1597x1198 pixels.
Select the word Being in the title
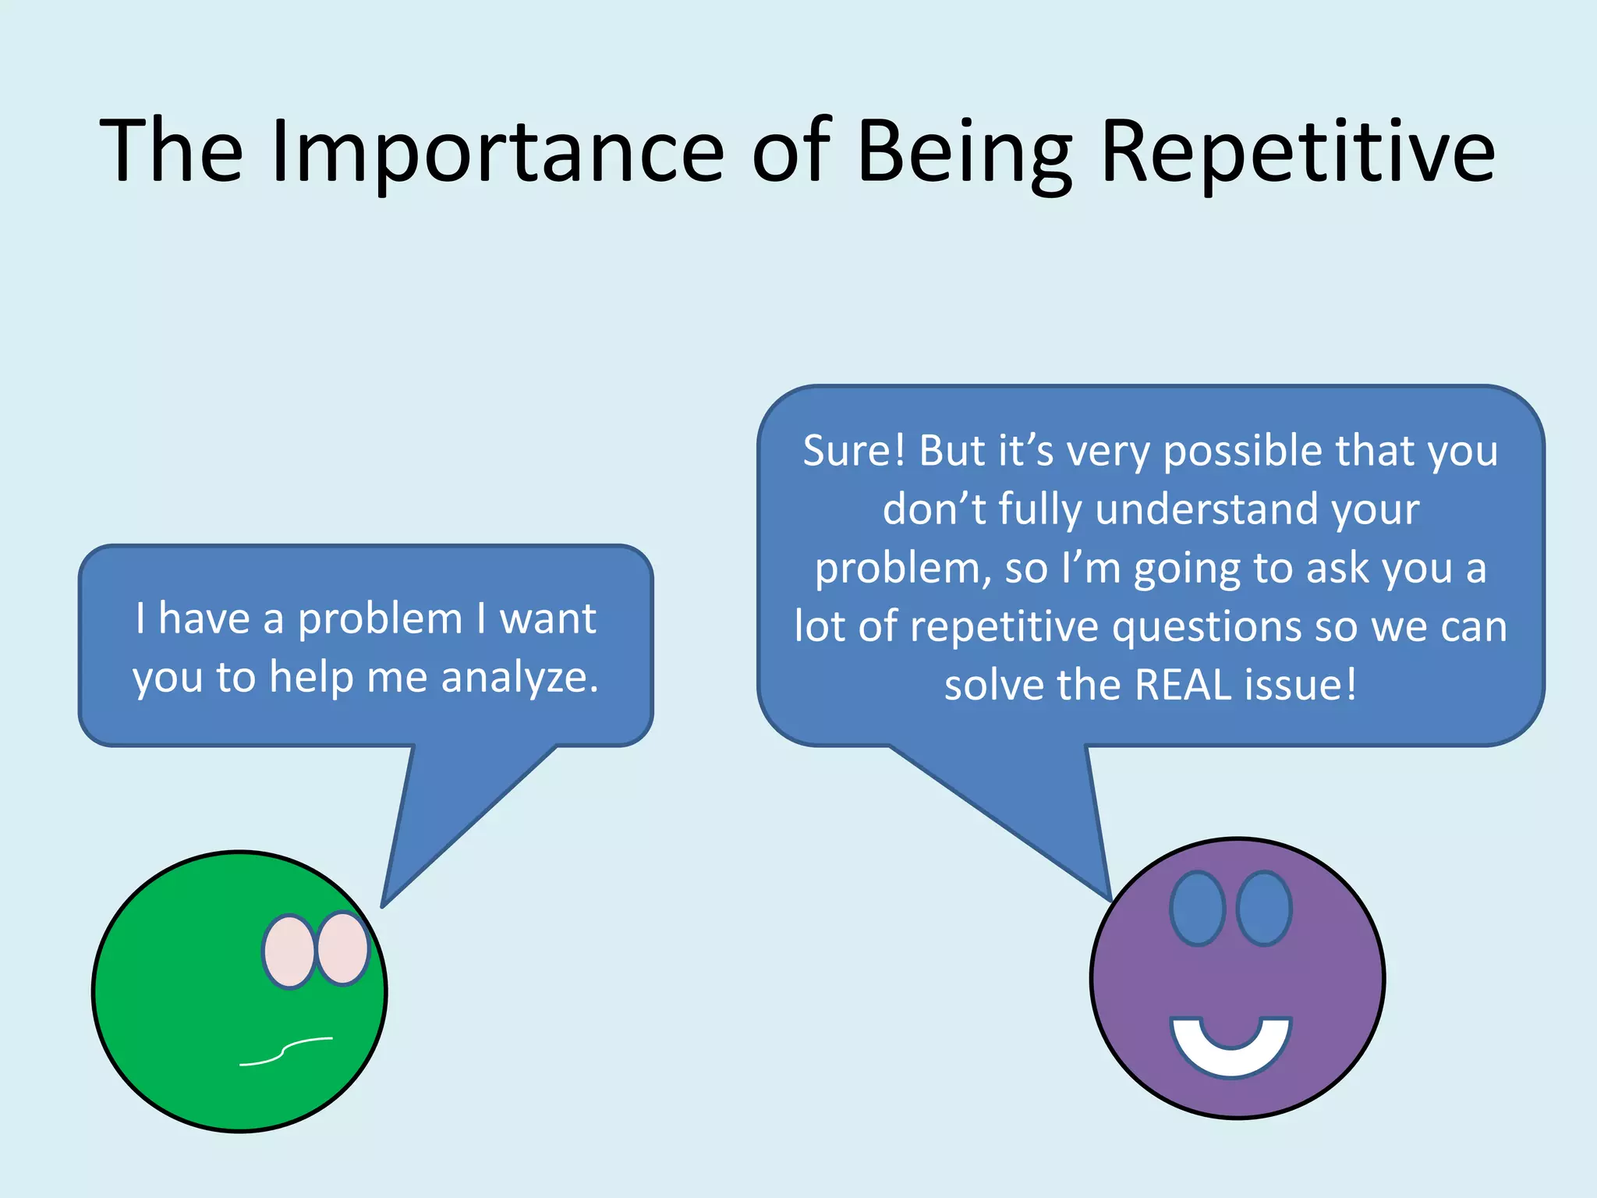click(x=964, y=152)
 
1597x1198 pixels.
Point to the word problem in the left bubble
click(x=381, y=619)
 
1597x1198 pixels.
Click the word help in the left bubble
click(x=311, y=677)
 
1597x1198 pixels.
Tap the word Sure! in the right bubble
click(x=854, y=451)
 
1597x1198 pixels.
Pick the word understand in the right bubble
click(x=1206, y=509)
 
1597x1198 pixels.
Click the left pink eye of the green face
click(x=289, y=952)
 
